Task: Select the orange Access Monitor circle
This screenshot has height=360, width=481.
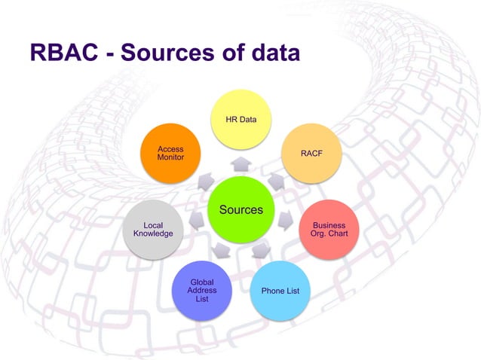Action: [170, 154]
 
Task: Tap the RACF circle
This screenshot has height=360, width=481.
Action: [311, 154]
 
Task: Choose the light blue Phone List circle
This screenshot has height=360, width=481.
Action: [280, 291]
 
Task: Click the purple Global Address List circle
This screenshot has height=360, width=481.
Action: [201, 291]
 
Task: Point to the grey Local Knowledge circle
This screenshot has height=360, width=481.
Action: [153, 229]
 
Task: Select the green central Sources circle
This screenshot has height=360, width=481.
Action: [241, 209]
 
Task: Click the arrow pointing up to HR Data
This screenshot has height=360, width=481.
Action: [241, 164]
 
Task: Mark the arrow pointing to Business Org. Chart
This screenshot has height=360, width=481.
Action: [286, 221]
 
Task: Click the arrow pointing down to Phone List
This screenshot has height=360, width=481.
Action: [260, 250]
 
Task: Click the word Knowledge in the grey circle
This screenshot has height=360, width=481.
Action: [153, 233]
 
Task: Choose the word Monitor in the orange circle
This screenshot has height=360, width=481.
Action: [170, 157]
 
